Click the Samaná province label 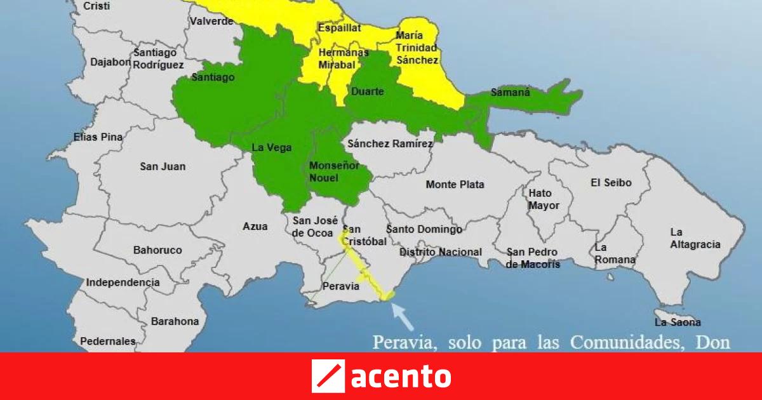pyautogui.click(x=510, y=93)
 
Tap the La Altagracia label pyautogui.click(x=695, y=238)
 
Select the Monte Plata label pyautogui.click(x=455, y=185)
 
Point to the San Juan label pyautogui.click(x=163, y=166)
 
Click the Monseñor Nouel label pyautogui.click(x=333, y=171)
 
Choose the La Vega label pyautogui.click(x=272, y=148)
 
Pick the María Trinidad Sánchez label pyautogui.click(x=417, y=48)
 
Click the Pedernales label pyautogui.click(x=108, y=342)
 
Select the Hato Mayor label pyautogui.click(x=544, y=199)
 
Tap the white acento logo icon pyautogui.click(x=328, y=376)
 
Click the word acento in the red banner pyautogui.click(x=401, y=377)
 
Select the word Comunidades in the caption pyautogui.click(x=619, y=343)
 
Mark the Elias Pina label pyautogui.click(x=98, y=137)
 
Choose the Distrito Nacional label pyautogui.click(x=440, y=252)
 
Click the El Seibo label pyautogui.click(x=611, y=183)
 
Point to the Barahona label pyautogui.click(x=175, y=321)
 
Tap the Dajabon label pyautogui.click(x=110, y=62)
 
